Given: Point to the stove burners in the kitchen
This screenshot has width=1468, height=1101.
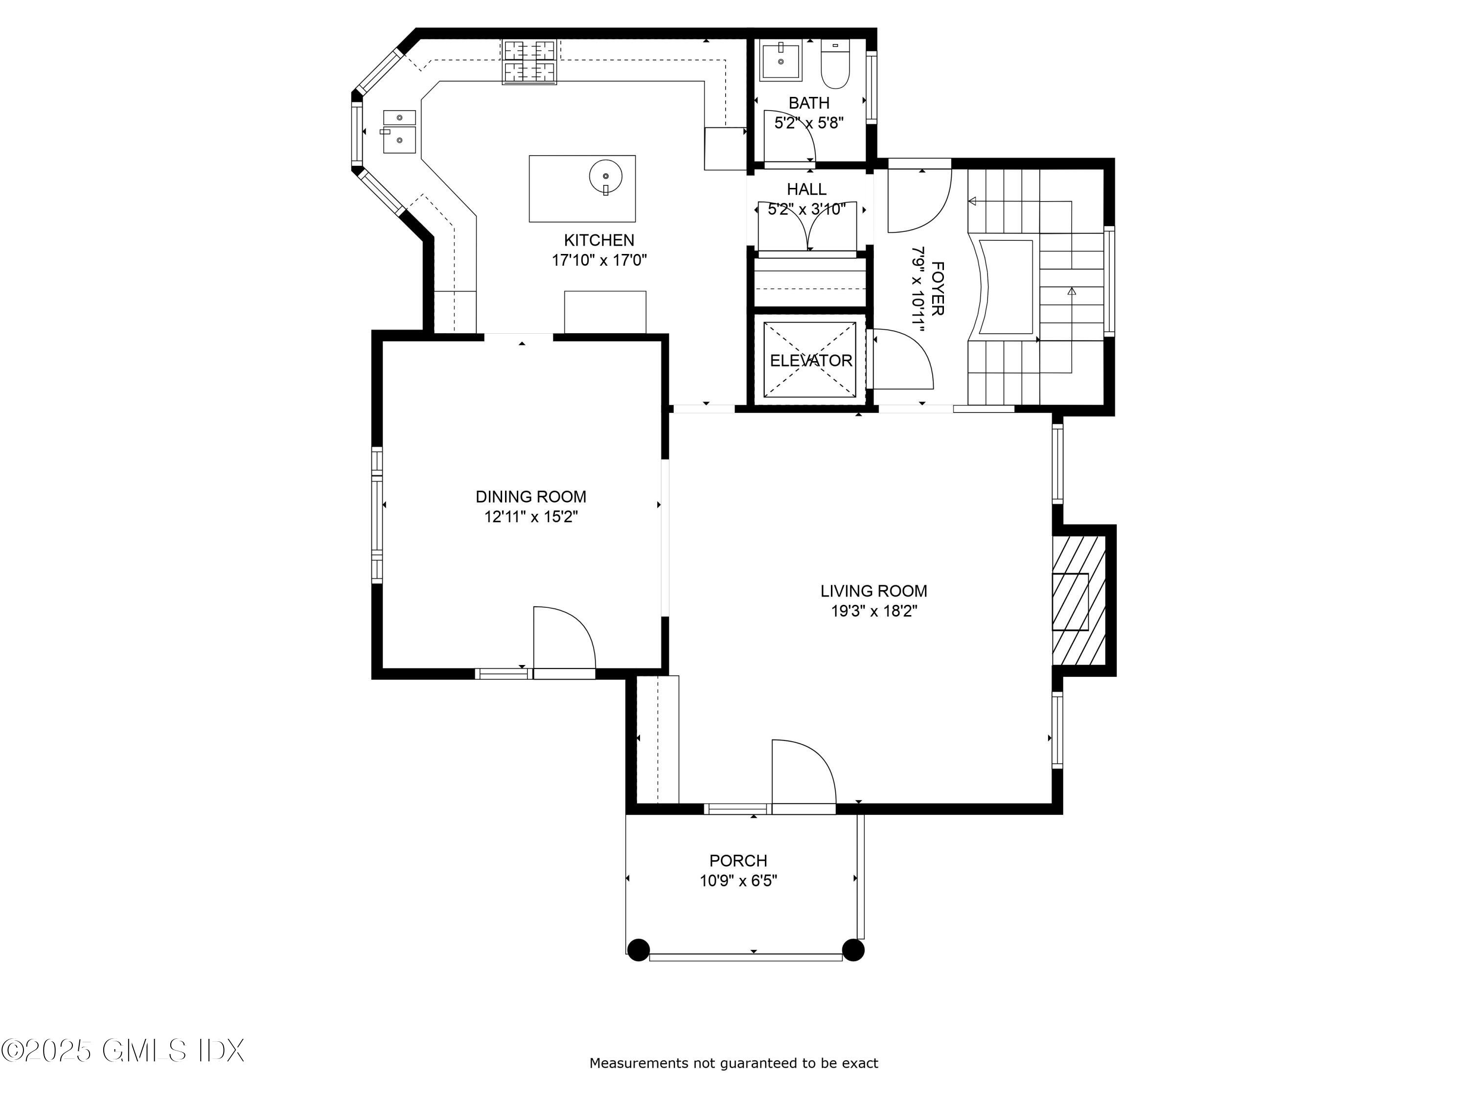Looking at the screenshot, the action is coord(529,62).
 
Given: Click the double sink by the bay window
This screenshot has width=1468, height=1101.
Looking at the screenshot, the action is coord(399,132).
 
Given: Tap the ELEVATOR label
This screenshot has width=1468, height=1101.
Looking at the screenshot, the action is coord(810,360).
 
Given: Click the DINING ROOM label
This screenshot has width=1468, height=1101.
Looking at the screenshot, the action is coord(531,496).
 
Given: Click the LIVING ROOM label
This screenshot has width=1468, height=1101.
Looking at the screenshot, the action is coord(873,591).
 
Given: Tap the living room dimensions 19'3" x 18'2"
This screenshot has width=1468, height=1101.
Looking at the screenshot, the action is coord(873,611).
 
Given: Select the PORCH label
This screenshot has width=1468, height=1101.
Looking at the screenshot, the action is coord(738,861).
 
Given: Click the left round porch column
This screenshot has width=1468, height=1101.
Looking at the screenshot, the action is coord(639,950).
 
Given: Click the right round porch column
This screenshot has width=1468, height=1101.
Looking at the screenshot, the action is coord(853,950).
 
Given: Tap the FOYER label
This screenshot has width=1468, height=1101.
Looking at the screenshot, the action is coord(938,288).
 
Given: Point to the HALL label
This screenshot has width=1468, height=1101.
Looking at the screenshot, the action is coord(806,189).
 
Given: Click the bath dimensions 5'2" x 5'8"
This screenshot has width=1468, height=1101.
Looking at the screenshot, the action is coord(809,123).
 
